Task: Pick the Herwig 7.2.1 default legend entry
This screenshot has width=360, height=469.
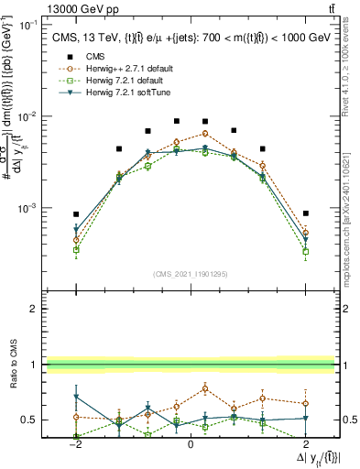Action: point(125,81)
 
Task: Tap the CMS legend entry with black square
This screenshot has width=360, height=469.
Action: point(96,57)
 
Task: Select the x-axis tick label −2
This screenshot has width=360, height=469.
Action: point(76,444)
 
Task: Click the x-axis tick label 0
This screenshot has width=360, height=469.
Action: point(190,444)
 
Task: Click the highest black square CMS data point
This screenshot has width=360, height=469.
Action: point(177,119)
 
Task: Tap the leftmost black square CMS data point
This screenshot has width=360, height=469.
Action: point(76,214)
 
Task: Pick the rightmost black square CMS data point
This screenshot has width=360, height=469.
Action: point(306,213)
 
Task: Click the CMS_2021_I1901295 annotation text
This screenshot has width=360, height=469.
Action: point(190,274)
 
